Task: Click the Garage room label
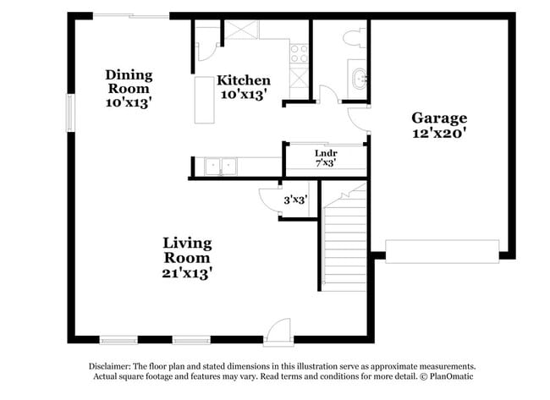tap(439, 118)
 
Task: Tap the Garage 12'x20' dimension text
tap(439, 133)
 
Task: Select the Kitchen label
tap(244, 80)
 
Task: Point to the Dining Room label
tap(129, 81)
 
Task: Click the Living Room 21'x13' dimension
tap(187, 272)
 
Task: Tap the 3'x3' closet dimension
tap(295, 200)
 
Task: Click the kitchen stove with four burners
tap(300, 53)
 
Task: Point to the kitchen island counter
tap(204, 99)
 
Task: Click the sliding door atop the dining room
tap(130, 15)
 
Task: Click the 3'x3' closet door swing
tap(267, 200)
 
